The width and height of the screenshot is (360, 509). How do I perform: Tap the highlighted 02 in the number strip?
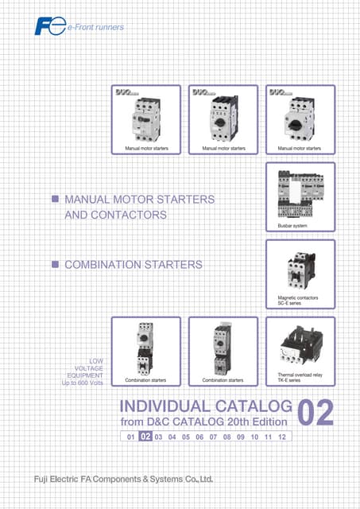(x=145, y=437)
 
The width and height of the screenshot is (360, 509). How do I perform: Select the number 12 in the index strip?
(x=282, y=437)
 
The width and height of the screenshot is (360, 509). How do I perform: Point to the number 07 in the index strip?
(x=213, y=437)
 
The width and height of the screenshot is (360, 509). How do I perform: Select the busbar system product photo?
(x=300, y=195)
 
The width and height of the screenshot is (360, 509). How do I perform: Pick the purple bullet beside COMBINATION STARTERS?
(x=55, y=264)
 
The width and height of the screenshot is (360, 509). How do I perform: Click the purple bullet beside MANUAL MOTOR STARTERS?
(x=55, y=197)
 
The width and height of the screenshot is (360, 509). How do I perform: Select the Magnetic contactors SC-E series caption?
(x=294, y=302)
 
